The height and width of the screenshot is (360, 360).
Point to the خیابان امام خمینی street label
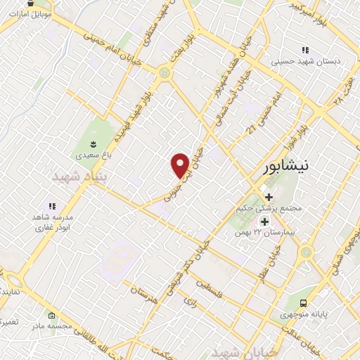tap(112, 43)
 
